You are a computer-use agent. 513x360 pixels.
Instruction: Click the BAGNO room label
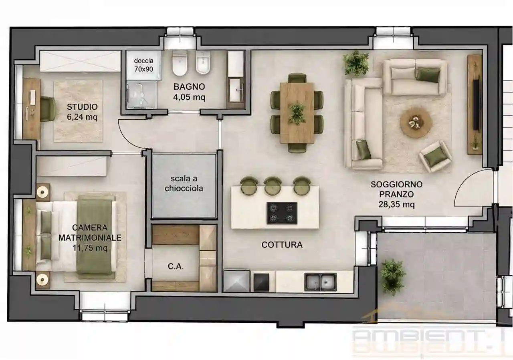189,87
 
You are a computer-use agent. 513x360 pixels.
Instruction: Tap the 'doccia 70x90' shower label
143,65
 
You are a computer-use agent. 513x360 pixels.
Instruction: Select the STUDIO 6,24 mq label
82,112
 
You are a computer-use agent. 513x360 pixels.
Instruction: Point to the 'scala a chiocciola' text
184,183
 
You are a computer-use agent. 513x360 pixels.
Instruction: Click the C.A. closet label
176,266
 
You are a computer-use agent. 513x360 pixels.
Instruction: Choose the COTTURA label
282,245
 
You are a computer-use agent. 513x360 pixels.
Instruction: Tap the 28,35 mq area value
396,204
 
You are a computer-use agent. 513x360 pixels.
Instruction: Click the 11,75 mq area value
90,247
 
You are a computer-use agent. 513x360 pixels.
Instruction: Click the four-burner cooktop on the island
282,213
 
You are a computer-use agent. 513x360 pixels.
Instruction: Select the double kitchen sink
320,282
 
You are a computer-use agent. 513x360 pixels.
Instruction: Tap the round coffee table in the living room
416,123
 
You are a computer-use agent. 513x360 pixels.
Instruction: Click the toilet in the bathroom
180,63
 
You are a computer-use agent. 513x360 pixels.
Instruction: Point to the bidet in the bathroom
203,63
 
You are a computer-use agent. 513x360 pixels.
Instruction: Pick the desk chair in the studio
48,109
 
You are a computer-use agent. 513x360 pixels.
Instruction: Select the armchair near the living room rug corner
435,156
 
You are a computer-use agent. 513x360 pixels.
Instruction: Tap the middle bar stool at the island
273,185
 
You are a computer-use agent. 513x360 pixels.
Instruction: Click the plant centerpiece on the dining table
297,114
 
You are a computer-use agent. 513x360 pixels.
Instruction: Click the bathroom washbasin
236,90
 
